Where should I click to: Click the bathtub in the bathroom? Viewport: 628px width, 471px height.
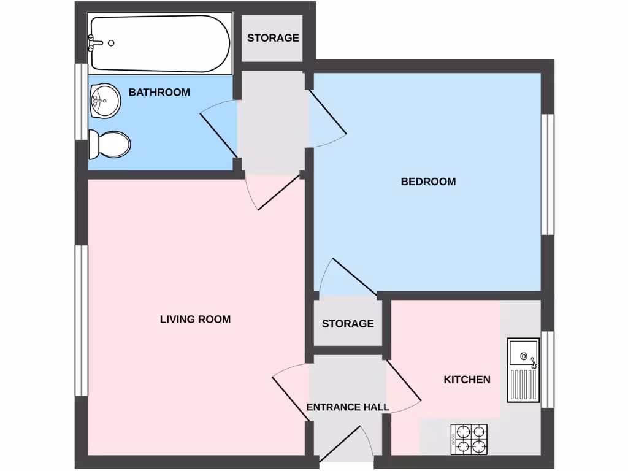[x=159, y=44]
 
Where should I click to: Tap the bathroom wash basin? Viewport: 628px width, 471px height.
[x=104, y=101]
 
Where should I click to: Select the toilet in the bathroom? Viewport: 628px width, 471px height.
[x=110, y=145]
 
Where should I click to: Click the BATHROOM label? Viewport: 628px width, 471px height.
[x=159, y=93]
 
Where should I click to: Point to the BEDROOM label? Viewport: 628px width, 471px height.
[x=428, y=182]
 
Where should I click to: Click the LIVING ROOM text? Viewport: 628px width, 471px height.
[x=195, y=319]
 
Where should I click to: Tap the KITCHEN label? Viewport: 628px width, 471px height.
[x=467, y=380]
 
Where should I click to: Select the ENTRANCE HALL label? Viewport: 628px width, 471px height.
[x=348, y=407]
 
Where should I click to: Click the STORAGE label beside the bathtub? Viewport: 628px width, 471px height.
[x=273, y=38]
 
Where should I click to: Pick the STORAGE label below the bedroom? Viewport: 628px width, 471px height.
[x=348, y=323]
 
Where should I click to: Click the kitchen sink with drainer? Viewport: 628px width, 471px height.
[x=523, y=370]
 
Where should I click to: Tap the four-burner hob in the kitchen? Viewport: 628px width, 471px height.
[x=469, y=439]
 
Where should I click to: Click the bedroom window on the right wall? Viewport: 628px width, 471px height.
[x=548, y=174]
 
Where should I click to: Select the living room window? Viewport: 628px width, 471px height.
[x=81, y=320]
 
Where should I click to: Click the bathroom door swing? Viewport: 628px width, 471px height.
[x=220, y=130]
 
